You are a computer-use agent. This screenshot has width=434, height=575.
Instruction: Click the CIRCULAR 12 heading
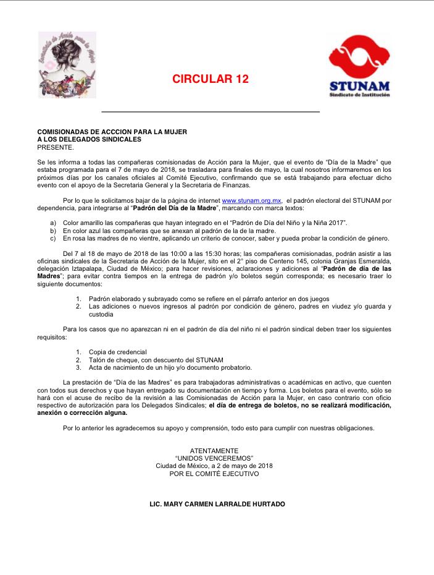point(210,79)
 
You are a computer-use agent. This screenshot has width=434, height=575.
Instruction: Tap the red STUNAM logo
point(359,66)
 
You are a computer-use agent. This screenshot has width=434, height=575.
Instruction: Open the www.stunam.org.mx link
point(251,200)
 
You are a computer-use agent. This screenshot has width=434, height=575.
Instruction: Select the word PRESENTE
point(56,147)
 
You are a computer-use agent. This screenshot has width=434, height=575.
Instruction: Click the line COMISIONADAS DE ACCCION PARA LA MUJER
point(112,132)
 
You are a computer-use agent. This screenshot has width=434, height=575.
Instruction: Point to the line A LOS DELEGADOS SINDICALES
point(89,140)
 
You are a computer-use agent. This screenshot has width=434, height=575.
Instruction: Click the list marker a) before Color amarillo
point(53,222)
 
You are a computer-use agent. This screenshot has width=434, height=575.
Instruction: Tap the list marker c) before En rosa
point(53,238)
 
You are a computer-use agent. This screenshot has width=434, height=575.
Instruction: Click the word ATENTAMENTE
point(214,450)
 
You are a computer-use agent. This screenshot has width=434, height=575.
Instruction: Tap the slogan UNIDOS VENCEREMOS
point(214,458)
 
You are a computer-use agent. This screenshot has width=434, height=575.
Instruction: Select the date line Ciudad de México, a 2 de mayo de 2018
point(214,466)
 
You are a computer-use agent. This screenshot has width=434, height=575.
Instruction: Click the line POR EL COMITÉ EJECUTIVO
point(214,474)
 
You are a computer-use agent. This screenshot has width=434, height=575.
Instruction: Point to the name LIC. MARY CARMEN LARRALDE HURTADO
point(217,505)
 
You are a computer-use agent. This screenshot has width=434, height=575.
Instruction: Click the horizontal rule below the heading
point(210,112)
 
